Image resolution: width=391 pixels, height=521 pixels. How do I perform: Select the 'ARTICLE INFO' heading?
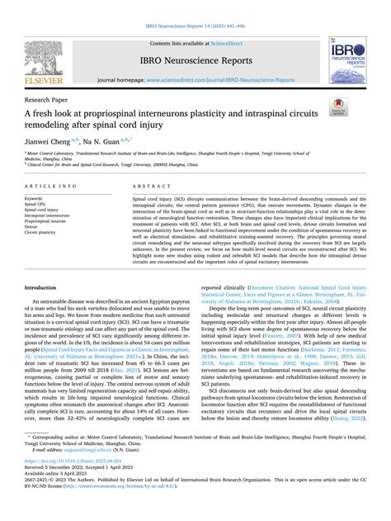tap(54, 187)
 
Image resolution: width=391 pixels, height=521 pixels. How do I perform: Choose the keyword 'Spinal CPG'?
tap(38, 206)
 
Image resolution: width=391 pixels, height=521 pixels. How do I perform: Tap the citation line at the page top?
tap(195, 27)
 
